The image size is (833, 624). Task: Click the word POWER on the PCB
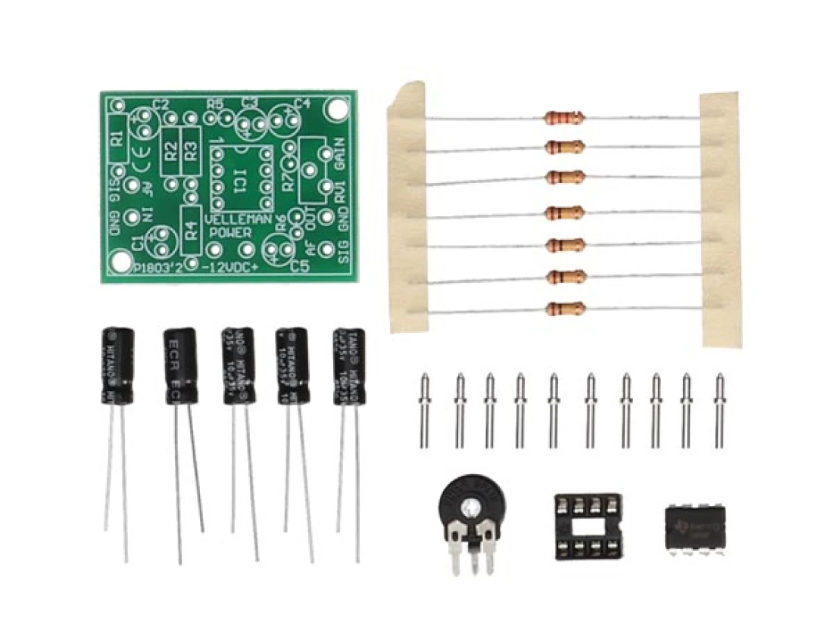(x=234, y=232)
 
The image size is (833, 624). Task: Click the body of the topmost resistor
(x=565, y=117)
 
